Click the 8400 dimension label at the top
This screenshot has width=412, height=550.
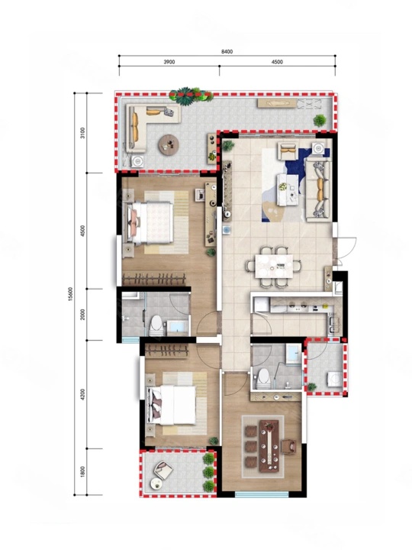[227, 52]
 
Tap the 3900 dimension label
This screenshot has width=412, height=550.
[169, 62]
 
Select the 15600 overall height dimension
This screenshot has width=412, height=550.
[70, 294]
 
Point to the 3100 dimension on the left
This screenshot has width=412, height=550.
[82, 133]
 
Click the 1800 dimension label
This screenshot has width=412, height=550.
[82, 472]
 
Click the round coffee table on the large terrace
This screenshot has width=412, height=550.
[169, 145]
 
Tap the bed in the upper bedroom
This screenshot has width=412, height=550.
[150, 223]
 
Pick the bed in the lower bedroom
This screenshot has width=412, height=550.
[172, 405]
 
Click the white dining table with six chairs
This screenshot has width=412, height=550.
[274, 267]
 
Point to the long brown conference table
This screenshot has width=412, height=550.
[269, 446]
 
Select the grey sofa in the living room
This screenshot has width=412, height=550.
[318, 190]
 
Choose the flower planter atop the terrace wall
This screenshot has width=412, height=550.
[191, 95]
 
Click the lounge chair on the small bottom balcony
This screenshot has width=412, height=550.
[163, 471]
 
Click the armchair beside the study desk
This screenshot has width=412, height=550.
[288, 446]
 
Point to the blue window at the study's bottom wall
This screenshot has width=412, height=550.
[262, 494]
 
